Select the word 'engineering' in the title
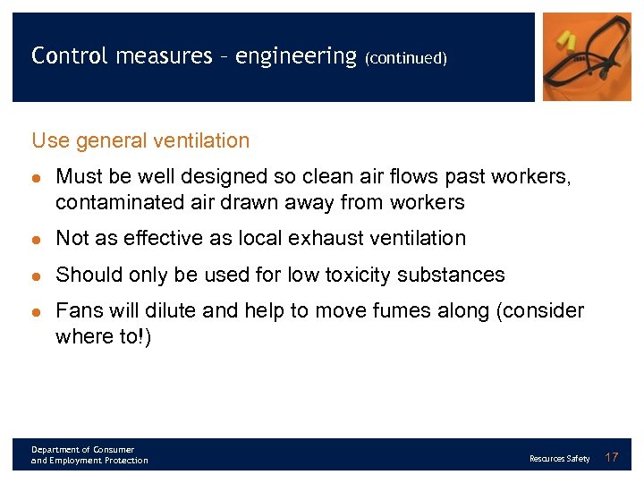tap(296, 55)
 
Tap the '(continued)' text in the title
tap(405, 58)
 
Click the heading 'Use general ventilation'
tap(140, 140)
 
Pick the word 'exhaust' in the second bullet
tap(335, 239)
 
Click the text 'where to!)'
tap(103, 336)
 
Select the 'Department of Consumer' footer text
tap(82, 449)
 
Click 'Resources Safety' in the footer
tap(559, 459)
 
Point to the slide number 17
tap(612, 457)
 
